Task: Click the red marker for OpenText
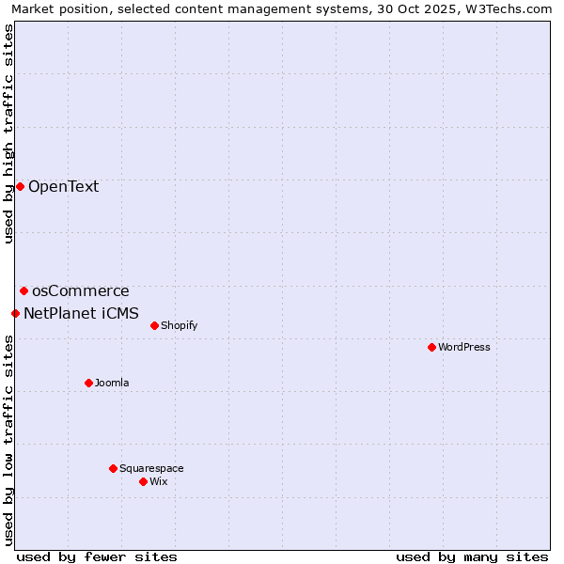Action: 20,186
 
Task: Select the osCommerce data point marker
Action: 23,291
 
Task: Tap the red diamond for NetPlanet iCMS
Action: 15,313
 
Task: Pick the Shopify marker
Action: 154,325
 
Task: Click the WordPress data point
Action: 431,347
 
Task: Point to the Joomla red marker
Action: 88,383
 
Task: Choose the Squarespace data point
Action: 113,468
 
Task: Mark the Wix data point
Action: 143,481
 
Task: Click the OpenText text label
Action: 63,186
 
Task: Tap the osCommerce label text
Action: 80,291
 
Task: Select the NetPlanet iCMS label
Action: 81,313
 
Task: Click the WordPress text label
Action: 464,347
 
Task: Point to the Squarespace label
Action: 151,468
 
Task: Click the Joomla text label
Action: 112,383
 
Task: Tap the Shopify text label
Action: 179,325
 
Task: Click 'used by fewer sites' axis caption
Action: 97,556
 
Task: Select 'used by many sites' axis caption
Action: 472,556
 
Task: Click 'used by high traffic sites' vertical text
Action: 8,133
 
